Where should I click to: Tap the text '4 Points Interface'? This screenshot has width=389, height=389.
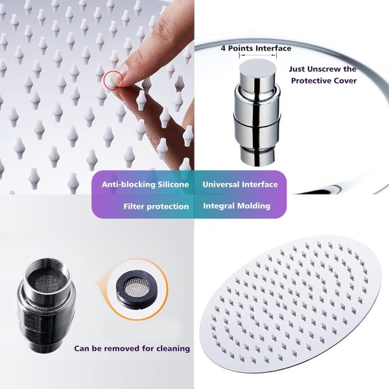[x=256, y=48]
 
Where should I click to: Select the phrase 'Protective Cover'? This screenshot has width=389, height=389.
[x=324, y=80]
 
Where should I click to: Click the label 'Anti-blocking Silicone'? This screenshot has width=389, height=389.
[x=145, y=184]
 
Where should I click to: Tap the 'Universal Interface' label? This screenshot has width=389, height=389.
[x=240, y=184]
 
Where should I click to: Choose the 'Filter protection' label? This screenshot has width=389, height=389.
[x=156, y=206]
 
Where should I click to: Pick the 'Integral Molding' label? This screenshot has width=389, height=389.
[x=237, y=206]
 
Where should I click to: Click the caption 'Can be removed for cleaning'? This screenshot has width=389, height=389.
[x=132, y=348]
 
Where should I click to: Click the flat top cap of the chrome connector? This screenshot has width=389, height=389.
[x=258, y=67]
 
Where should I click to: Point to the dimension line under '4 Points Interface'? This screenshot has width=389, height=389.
[x=258, y=56]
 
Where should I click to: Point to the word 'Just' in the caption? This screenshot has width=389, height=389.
[x=297, y=69]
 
